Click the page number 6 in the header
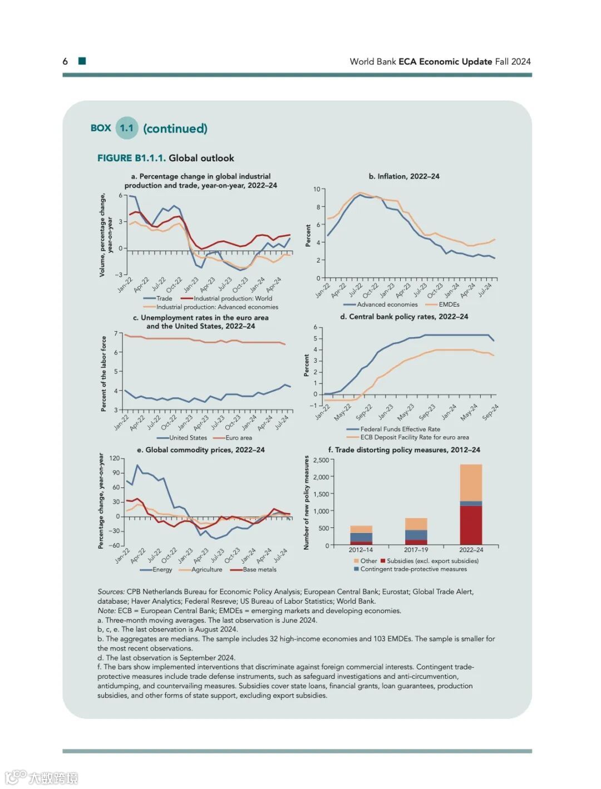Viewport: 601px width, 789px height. pyautogui.click(x=65, y=61)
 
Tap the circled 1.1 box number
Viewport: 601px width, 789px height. pyautogui.click(x=127, y=128)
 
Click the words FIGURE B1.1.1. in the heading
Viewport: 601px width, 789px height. pyautogui.click(x=131, y=158)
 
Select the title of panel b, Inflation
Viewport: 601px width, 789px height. pyautogui.click(x=403, y=176)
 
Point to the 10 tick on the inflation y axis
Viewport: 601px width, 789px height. pyautogui.click(x=317, y=189)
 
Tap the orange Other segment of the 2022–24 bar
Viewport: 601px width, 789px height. pyautogui.click(x=471, y=482)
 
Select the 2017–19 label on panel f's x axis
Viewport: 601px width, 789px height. pyautogui.click(x=416, y=550)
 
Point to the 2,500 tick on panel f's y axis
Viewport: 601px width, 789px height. pyautogui.click(x=321, y=460)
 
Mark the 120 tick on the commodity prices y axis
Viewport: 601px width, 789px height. pyautogui.click(x=114, y=458)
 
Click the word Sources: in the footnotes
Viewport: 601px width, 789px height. pyautogui.click(x=111, y=591)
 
